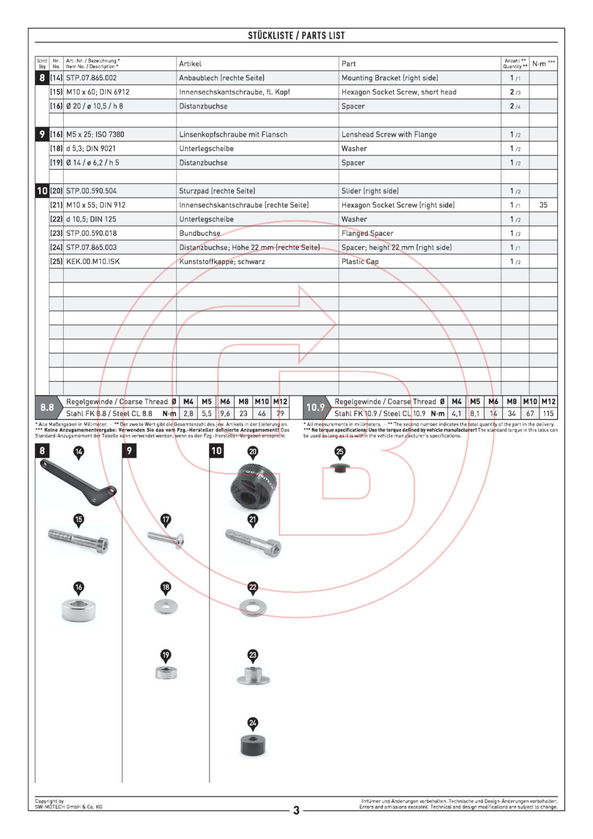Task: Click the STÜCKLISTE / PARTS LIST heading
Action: point(296,35)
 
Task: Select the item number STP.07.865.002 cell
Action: point(91,78)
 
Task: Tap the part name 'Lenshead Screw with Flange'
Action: point(389,134)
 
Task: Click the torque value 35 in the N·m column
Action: point(543,205)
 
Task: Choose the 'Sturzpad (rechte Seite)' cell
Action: point(217,191)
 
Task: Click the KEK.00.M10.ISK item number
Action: point(93,261)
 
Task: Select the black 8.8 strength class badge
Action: point(47,407)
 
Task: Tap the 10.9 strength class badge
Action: point(316,407)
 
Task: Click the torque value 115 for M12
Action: point(548,414)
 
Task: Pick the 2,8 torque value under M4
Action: point(188,414)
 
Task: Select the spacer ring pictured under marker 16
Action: point(79,610)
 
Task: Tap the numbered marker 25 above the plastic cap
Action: point(339,451)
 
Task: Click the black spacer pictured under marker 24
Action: point(252,745)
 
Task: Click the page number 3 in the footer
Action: point(296,810)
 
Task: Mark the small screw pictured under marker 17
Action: point(166,539)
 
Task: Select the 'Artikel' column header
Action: point(190,64)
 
